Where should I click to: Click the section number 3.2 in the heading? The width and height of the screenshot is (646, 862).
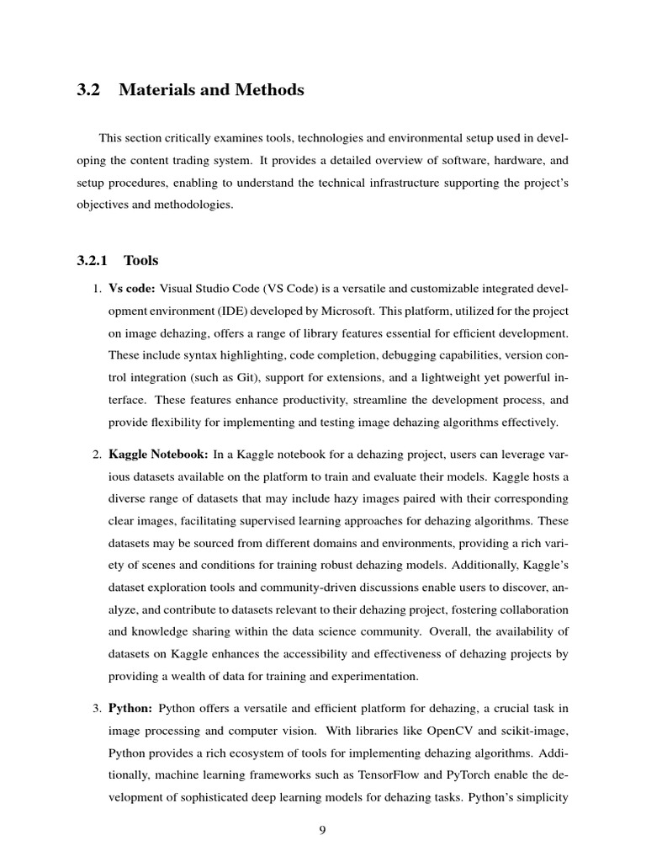(87, 90)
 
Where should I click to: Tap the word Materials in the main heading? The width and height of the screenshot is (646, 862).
(155, 90)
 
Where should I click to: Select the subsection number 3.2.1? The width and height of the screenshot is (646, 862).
(93, 261)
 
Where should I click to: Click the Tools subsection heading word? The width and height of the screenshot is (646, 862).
(140, 261)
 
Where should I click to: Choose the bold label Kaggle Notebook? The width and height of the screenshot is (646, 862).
(158, 455)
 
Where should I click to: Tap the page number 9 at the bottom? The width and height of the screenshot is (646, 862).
(322, 831)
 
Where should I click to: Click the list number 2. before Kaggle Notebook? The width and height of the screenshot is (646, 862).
(97, 455)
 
